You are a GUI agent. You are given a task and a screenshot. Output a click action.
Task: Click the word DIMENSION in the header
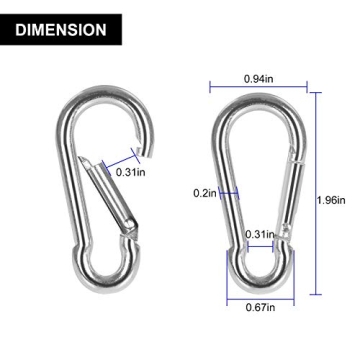(x=61, y=30)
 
